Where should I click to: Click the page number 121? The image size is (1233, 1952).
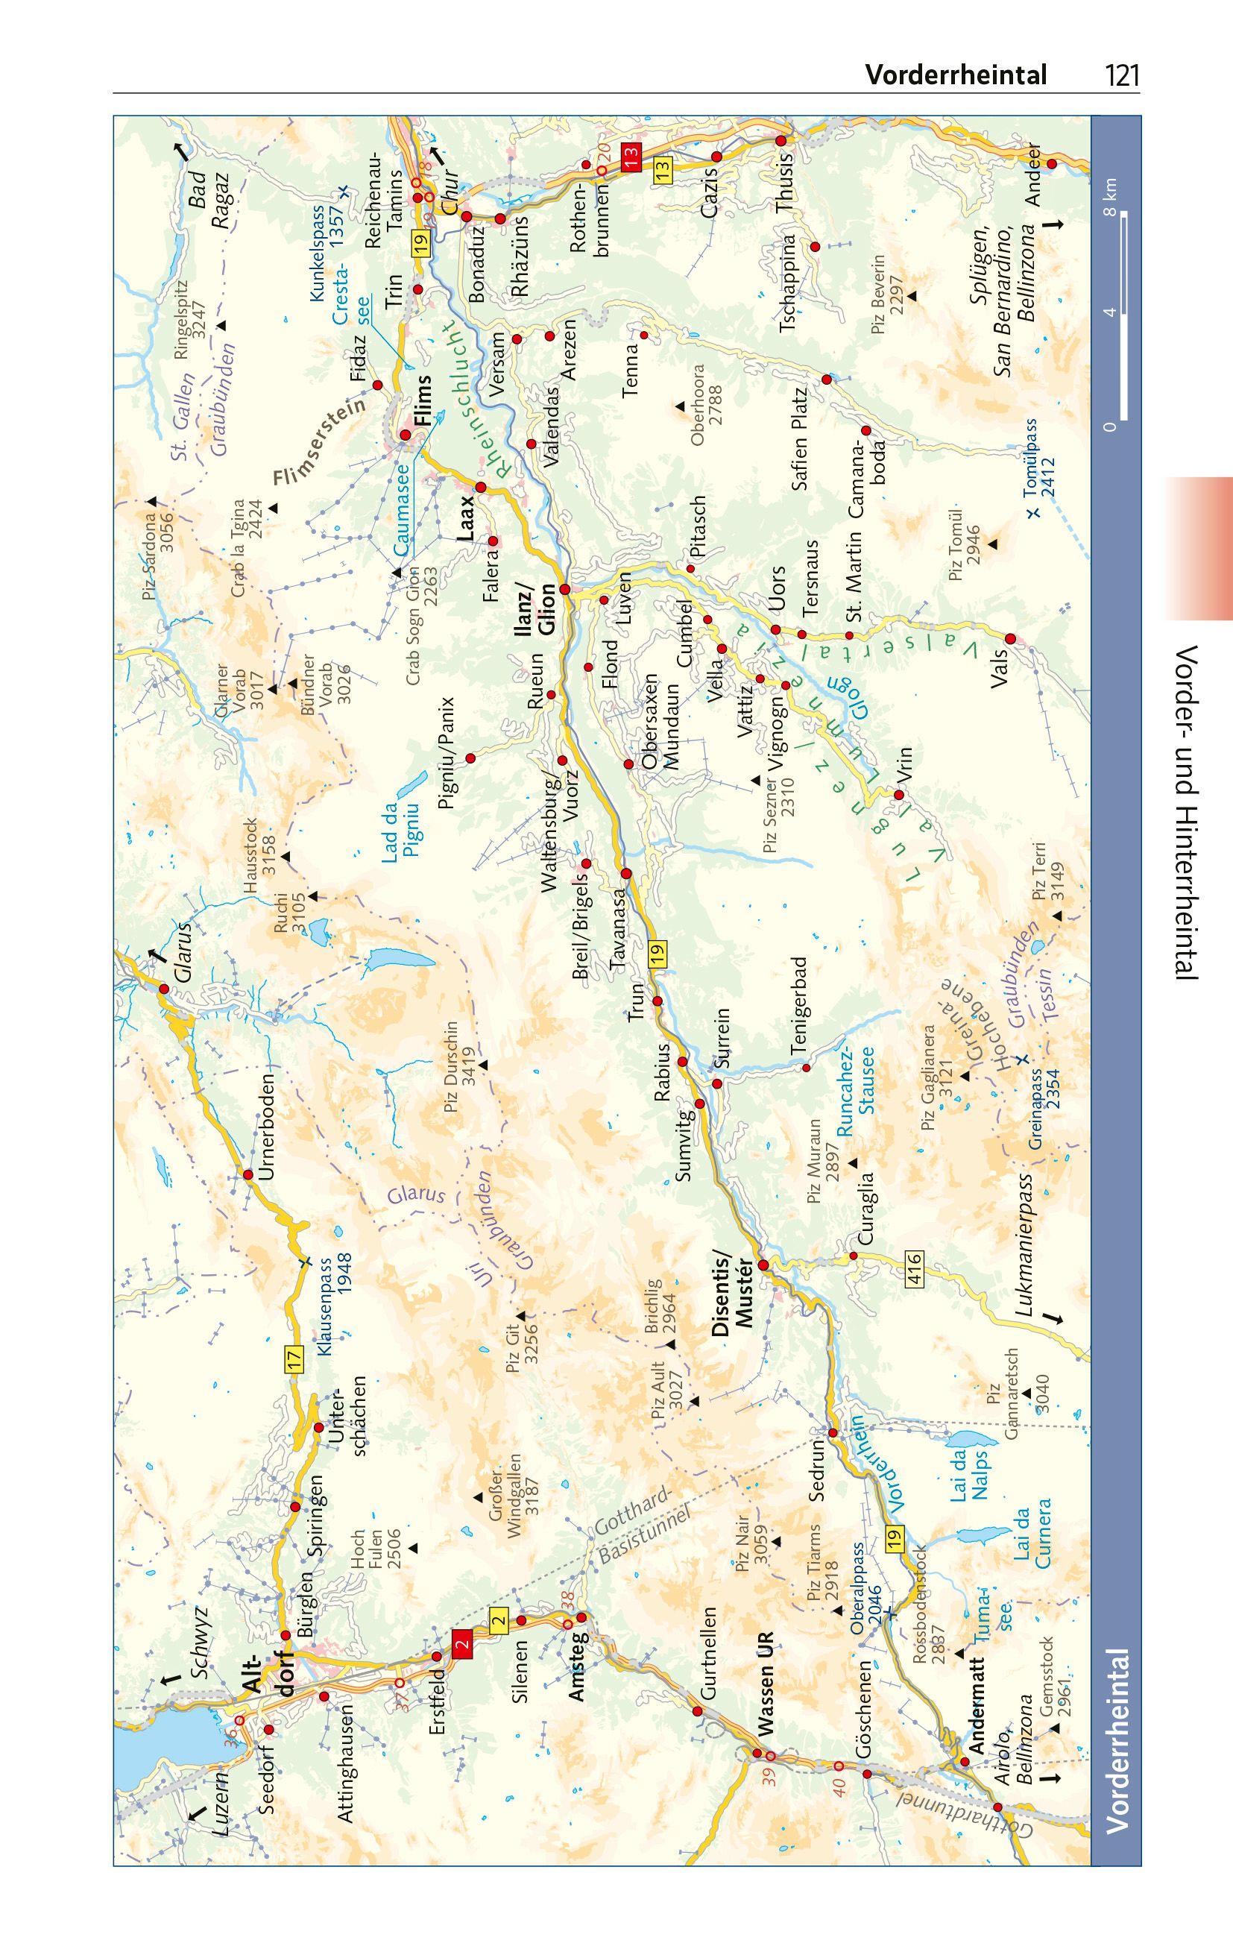click(1122, 76)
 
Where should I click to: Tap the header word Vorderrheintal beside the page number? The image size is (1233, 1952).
click(956, 75)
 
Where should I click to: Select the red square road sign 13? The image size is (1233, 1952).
click(631, 156)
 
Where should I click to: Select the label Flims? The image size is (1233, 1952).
click(423, 400)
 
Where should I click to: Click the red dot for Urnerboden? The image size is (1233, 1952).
click(248, 1174)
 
